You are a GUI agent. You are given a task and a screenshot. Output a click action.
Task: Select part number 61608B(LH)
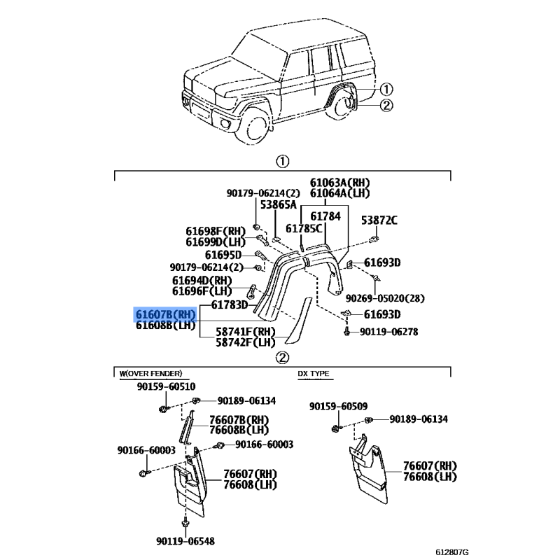165,325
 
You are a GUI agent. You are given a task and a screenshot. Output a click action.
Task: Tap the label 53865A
279,205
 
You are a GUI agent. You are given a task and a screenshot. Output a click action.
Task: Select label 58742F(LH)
246,343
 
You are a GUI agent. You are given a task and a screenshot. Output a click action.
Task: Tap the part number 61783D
230,305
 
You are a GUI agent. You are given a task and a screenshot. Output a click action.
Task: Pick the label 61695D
223,255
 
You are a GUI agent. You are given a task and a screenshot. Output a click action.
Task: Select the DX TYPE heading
314,374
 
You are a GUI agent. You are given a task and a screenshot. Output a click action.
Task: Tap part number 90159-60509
338,406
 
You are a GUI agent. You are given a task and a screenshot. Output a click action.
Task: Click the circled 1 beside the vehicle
387,90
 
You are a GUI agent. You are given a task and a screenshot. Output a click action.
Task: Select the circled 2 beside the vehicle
387,106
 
